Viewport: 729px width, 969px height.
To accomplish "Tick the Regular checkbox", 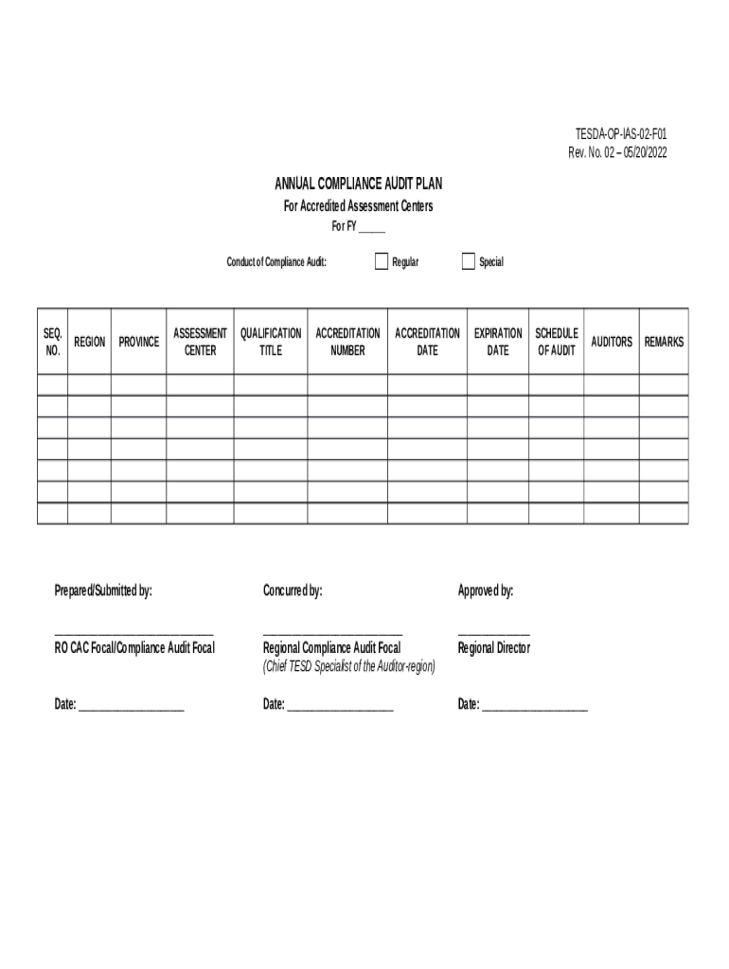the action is pos(381,261).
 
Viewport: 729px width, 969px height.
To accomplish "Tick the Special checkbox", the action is pos(468,261).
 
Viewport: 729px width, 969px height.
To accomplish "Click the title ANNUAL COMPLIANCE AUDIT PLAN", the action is pos(359,184).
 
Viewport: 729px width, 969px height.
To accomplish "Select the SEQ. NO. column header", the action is pos(52,342).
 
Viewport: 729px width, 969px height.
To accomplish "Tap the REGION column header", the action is pos(89,342).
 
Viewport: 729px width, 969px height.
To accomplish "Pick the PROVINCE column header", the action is pos(138,342).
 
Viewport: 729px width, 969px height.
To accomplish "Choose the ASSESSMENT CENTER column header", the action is pos(200,342).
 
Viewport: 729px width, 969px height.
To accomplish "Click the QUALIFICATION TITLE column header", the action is pos(271,342).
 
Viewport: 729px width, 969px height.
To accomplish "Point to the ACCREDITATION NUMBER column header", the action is pos(347,342).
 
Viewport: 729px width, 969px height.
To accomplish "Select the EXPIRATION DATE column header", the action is pos(498,342).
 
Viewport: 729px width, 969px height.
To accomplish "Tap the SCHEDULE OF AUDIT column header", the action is pos(557,342).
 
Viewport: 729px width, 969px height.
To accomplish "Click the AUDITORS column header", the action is pos(612,342).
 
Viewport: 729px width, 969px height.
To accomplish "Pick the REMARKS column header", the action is pos(664,342).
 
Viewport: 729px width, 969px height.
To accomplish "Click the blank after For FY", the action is pos(371,228).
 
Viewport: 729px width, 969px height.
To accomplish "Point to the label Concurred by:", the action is pos(293,591).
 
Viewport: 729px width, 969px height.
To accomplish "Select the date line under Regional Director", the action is pos(534,707).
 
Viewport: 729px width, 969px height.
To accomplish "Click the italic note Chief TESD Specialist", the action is pos(348,667).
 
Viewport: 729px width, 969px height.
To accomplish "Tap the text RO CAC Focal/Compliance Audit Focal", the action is pos(134,648).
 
